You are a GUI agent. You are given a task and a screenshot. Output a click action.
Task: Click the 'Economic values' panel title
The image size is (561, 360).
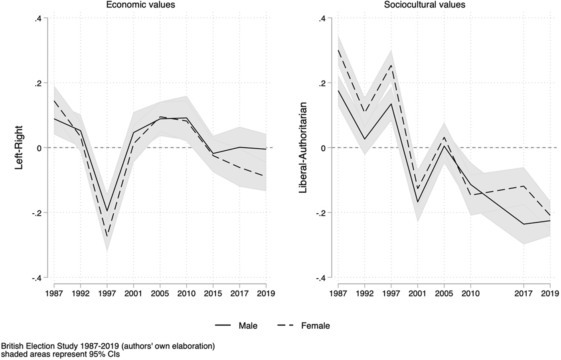(x=140, y=5)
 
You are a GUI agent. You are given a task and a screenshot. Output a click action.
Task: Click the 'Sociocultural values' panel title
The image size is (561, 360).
(x=425, y=5)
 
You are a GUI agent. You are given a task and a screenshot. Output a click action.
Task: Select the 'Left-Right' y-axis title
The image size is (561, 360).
(x=19, y=148)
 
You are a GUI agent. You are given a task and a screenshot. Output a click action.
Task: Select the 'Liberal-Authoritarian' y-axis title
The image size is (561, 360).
(x=303, y=148)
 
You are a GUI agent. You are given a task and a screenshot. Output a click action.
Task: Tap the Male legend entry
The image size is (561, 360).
(x=248, y=326)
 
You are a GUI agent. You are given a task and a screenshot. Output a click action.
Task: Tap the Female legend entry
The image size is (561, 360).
(x=315, y=326)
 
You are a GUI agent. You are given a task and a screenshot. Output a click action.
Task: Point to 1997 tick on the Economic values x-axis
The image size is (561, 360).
(x=107, y=293)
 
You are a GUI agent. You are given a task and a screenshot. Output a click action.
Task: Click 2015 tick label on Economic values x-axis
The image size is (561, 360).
(x=213, y=293)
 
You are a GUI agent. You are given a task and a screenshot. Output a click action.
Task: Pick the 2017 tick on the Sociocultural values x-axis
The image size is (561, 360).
(x=523, y=293)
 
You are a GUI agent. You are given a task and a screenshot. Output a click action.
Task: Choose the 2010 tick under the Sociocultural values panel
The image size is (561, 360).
(x=470, y=293)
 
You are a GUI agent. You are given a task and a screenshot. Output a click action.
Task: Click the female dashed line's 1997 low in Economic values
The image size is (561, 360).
(x=107, y=236)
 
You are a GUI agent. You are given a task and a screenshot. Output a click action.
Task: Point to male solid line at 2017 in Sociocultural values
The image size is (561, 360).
(x=523, y=224)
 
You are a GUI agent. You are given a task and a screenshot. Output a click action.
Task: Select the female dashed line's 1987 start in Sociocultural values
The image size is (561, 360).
(x=338, y=50)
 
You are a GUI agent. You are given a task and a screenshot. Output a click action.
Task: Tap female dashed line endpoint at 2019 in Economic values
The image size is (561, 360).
(x=266, y=176)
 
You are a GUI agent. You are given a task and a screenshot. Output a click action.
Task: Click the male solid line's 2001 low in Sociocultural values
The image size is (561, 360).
(x=418, y=202)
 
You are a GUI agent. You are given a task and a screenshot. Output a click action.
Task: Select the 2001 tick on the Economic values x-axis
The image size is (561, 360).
(x=133, y=293)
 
